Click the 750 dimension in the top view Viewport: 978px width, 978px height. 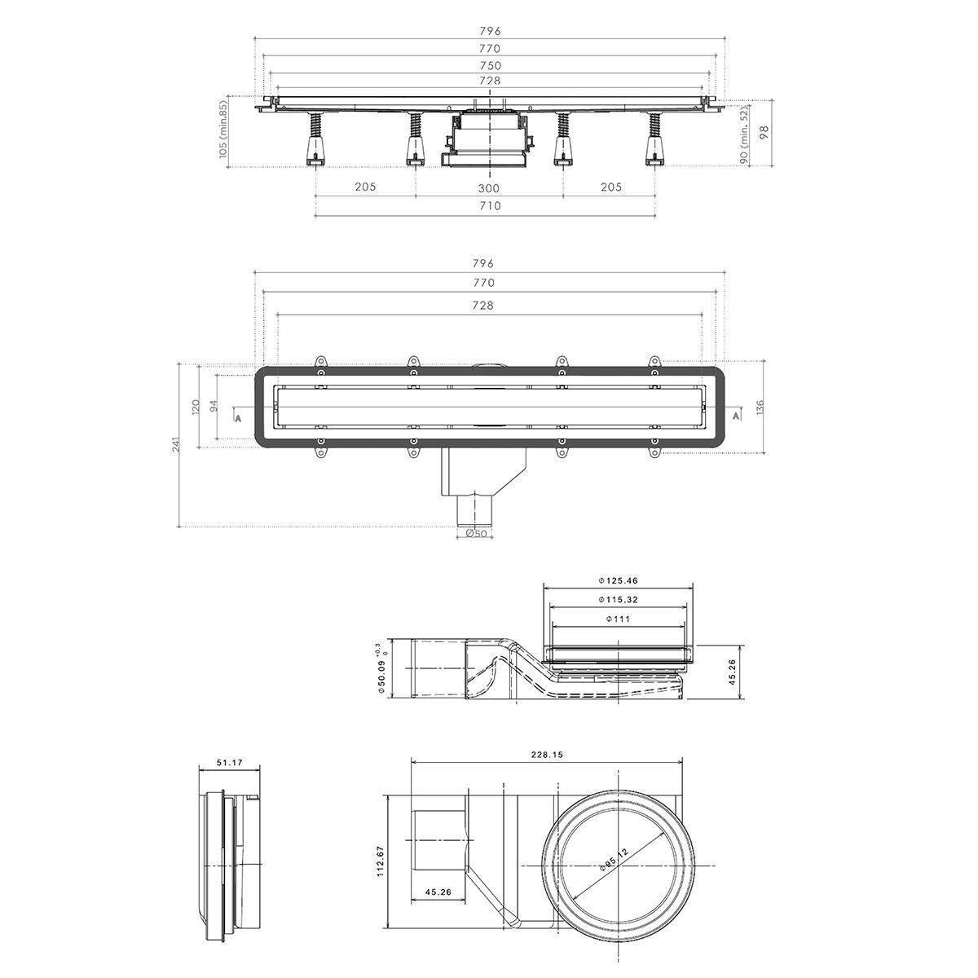coord(489,65)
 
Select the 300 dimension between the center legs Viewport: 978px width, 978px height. coord(489,187)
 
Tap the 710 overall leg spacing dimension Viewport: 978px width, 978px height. coord(489,206)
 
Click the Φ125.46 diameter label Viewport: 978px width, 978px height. coord(617,580)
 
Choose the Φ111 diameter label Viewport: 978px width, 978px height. coord(617,619)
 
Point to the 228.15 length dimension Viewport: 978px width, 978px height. coord(546,755)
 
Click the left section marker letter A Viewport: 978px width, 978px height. coord(237,417)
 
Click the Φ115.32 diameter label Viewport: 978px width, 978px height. coord(617,600)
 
